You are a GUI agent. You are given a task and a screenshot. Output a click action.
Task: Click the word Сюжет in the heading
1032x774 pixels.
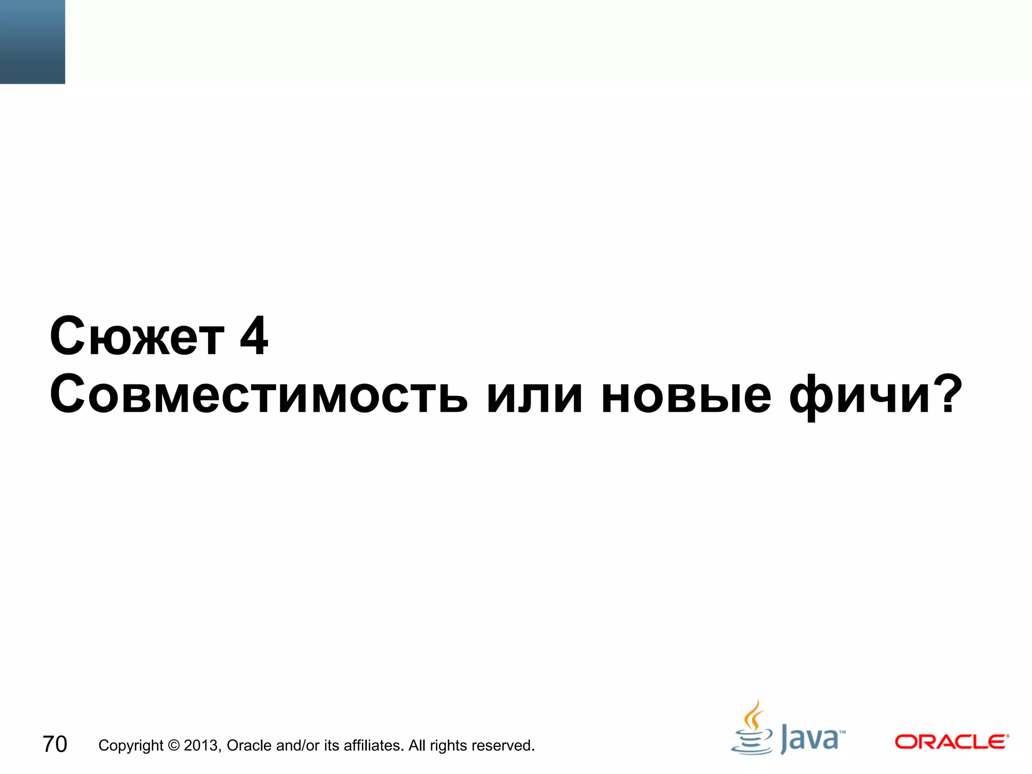(137, 336)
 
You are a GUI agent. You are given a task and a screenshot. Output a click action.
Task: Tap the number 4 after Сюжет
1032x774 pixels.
(254, 336)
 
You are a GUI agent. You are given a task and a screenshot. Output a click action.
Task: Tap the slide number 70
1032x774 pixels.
(54, 744)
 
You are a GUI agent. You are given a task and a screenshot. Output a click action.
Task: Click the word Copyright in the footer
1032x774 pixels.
(131, 746)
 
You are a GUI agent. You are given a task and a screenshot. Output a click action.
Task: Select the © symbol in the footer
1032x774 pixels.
(174, 745)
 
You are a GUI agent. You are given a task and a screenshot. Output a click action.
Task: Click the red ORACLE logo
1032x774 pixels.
(951, 742)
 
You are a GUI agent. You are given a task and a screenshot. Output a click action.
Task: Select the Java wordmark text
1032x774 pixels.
(811, 739)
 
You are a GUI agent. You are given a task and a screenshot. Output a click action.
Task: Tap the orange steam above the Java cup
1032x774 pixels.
(753, 716)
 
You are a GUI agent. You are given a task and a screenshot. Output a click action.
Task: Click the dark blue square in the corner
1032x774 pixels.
(32, 41)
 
